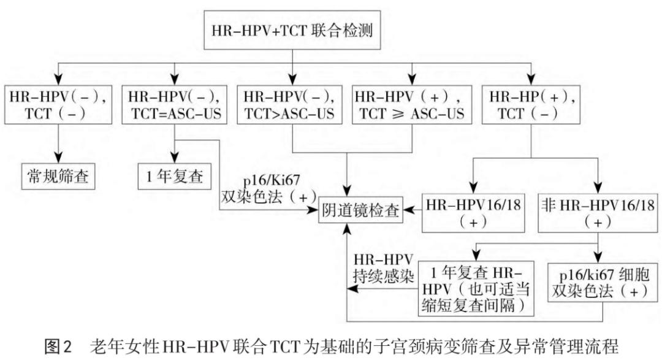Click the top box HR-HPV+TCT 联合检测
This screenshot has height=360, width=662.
click(x=292, y=29)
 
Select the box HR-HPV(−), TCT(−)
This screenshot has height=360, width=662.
click(x=59, y=105)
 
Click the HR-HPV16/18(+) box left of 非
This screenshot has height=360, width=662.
click(x=473, y=212)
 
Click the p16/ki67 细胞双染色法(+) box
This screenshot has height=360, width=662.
click(x=601, y=281)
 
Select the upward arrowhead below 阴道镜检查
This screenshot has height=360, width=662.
click(x=348, y=230)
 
